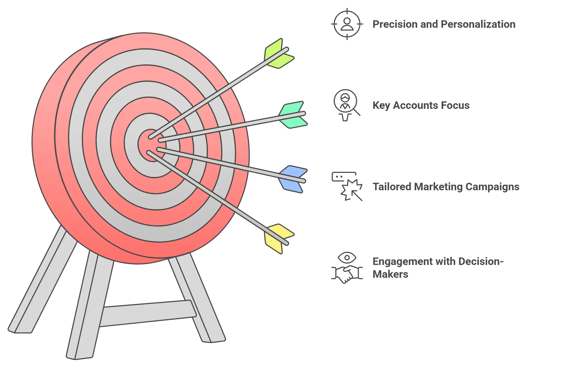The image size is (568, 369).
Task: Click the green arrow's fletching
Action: coord(279,54)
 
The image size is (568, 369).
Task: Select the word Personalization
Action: coord(478,24)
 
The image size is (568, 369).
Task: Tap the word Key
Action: coord(381,106)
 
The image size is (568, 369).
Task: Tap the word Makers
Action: coord(390,274)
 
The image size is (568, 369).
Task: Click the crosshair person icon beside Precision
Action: coord(347,24)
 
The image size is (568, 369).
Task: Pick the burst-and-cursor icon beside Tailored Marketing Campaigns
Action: coord(347,186)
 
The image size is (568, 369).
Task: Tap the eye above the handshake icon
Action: coord(347,258)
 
